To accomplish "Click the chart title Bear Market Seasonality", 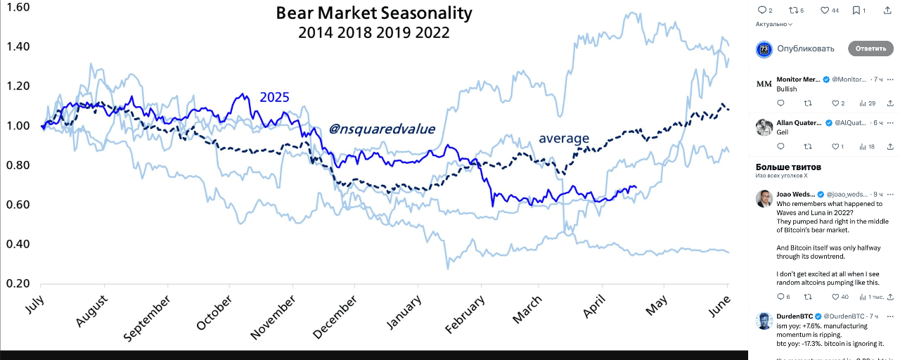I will click(373, 13).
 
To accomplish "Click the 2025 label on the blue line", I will click(275, 97).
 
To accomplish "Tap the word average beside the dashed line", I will click(564, 139).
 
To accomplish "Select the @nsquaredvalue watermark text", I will click(382, 129).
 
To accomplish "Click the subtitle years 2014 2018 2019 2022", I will click(373, 33).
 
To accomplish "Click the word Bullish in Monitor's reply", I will click(787, 89).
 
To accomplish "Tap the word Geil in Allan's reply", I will click(783, 132).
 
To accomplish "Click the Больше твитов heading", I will click(788, 167).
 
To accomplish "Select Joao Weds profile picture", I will click(764, 198).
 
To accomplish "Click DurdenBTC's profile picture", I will click(764, 321).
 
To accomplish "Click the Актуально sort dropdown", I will click(773, 24).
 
